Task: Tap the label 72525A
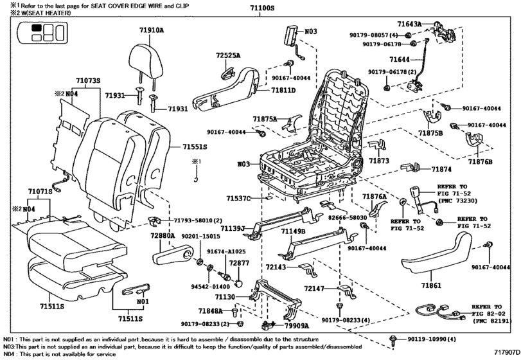click(228, 56)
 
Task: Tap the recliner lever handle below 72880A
click(172, 258)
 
